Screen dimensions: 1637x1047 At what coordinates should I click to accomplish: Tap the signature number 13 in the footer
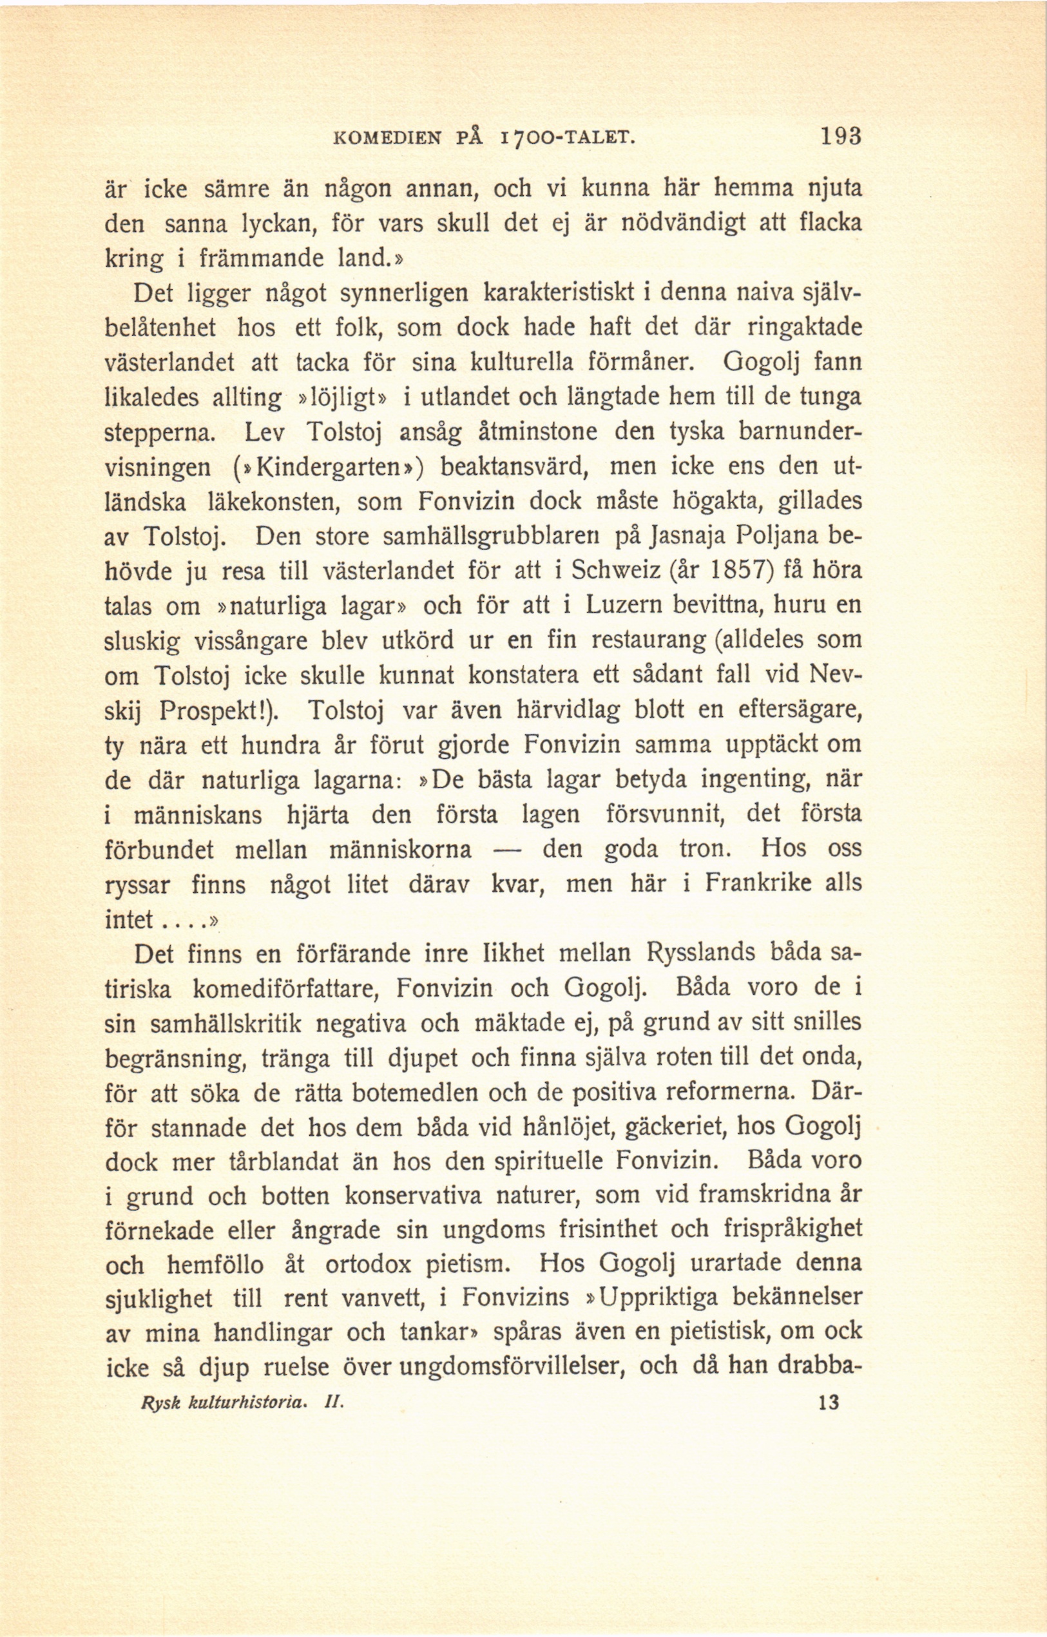coord(830,1402)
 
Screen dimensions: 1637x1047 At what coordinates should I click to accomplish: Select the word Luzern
coord(618,606)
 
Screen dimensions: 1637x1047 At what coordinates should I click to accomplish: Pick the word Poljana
coord(782,537)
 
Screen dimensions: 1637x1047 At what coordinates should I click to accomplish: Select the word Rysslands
coord(700,953)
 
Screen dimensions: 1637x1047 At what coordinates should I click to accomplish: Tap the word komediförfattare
coord(284,988)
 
